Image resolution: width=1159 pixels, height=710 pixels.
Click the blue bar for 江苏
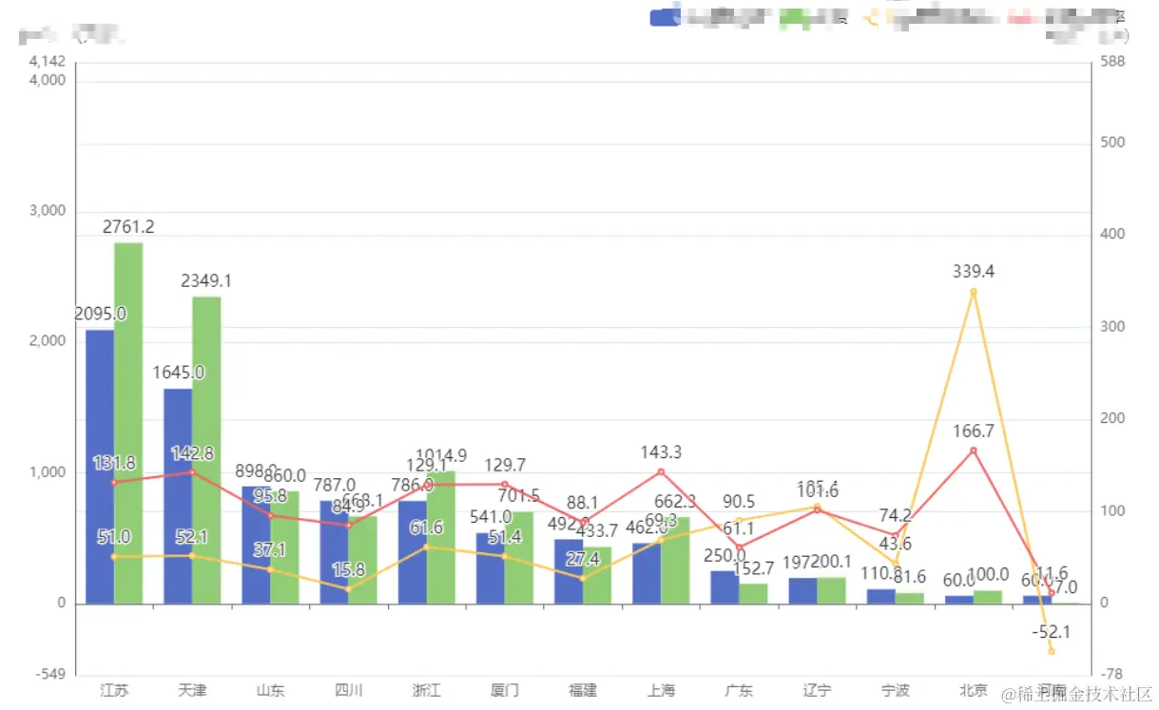click(x=100, y=466)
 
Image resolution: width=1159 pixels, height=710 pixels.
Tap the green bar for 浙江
click(x=441, y=537)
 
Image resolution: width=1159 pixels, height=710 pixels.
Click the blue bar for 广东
click(x=724, y=586)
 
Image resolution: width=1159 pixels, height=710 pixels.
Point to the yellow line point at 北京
click(x=973, y=292)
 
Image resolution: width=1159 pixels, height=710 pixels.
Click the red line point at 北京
click(x=973, y=450)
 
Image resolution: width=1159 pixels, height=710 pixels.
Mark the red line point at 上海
click(x=661, y=471)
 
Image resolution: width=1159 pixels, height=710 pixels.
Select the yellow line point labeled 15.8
click(x=348, y=589)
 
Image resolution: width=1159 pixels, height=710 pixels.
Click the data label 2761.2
click(x=128, y=227)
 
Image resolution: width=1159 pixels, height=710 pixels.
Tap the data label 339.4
click(x=973, y=272)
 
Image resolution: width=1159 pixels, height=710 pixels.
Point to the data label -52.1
click(x=1051, y=632)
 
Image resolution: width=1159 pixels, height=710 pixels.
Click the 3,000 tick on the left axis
click(x=48, y=211)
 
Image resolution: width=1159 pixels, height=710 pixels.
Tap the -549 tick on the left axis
click(x=48, y=675)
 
